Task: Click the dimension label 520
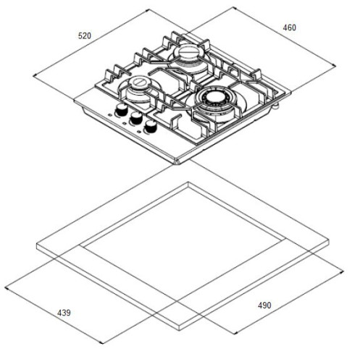(85, 35)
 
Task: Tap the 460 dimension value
(289, 28)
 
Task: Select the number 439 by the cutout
(64, 313)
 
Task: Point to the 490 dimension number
(264, 306)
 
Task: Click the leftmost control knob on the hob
(121, 110)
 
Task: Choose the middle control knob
(135, 118)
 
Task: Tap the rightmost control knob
(151, 126)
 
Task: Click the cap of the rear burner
(187, 51)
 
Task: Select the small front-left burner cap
(138, 82)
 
